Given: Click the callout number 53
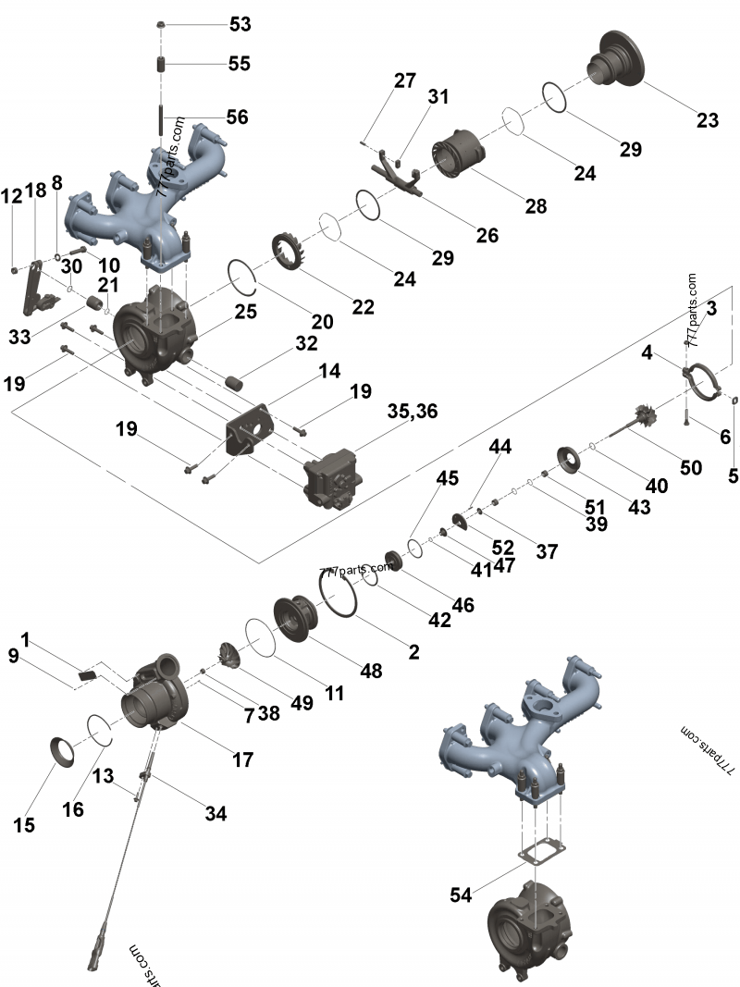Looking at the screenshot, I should (x=240, y=24).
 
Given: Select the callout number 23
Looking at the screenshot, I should (x=707, y=120).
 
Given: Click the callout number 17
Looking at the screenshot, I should (x=242, y=759).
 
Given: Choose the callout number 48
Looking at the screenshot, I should (x=371, y=671).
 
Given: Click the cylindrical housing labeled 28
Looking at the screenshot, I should (x=458, y=154).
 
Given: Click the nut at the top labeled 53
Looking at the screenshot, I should (x=161, y=23).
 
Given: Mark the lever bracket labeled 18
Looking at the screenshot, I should (x=32, y=289).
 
